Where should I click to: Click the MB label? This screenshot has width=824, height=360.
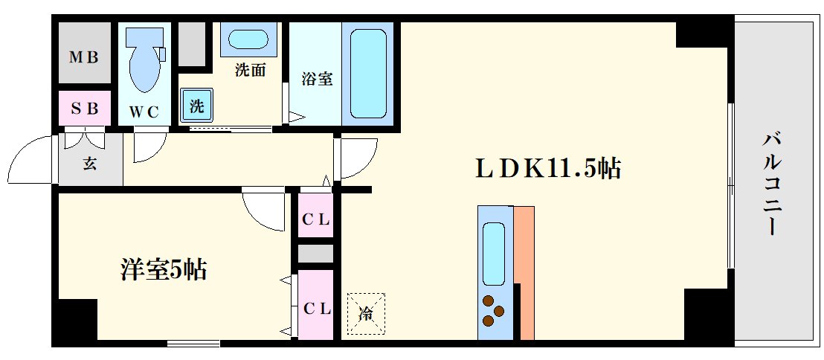(x=84, y=57)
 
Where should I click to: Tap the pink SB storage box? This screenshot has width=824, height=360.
(x=84, y=109)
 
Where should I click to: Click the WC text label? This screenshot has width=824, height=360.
(x=144, y=112)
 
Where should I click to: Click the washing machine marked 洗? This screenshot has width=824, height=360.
(x=196, y=105)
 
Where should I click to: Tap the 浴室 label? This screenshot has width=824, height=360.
(x=316, y=78)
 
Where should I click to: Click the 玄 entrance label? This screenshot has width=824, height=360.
(x=90, y=163)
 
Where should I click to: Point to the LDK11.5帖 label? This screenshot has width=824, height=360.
(x=548, y=169)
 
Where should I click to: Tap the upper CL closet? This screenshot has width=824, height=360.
(x=315, y=219)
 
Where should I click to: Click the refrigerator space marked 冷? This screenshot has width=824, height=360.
(x=367, y=313)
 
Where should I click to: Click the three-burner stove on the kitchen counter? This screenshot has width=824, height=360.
(x=494, y=311)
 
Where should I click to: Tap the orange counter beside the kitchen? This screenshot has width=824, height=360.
(x=524, y=271)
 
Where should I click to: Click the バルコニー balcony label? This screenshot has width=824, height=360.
(x=772, y=182)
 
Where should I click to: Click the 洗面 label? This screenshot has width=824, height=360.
(x=250, y=71)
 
